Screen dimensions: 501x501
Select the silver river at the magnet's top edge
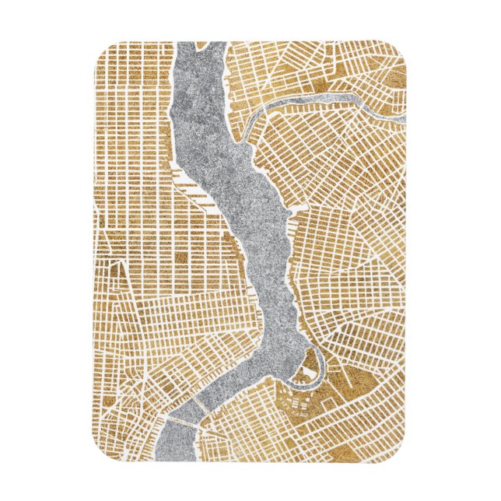(x=201, y=45)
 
